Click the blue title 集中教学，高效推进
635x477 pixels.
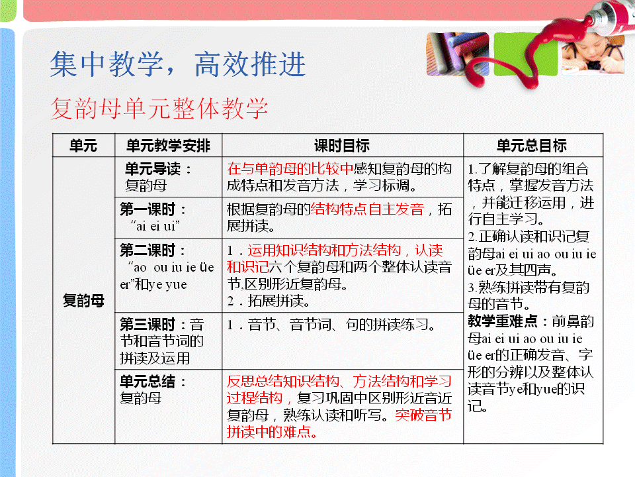[x=178, y=64]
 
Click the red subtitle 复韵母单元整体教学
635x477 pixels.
[x=159, y=108]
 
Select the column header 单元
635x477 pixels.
[x=83, y=146]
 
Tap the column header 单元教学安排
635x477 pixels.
[x=168, y=146]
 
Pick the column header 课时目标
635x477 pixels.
[x=342, y=146]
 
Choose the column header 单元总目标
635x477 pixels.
[x=532, y=146]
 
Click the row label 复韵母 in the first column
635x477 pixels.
[x=83, y=301]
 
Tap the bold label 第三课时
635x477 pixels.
[x=148, y=325]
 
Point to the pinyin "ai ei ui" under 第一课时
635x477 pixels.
[x=155, y=226]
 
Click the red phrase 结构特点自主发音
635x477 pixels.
[x=367, y=209]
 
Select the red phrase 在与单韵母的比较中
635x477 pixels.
[x=290, y=169]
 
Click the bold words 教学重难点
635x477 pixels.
[x=503, y=321]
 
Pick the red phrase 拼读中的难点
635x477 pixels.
[x=272, y=432]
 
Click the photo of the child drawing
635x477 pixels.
[x=593, y=54]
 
